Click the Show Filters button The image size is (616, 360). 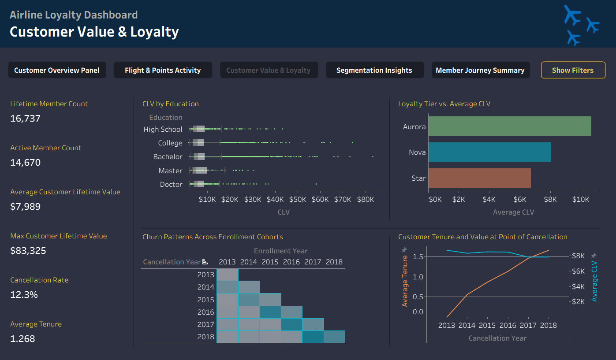(573, 70)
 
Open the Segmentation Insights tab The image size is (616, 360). (374, 70)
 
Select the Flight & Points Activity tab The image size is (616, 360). (163, 70)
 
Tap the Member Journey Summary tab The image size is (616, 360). (481, 70)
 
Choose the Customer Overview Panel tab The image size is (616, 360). (57, 70)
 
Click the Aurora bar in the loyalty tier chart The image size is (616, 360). (510, 126)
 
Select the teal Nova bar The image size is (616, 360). (489, 152)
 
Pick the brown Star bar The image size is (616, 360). (479, 178)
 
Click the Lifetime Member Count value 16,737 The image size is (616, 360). (25, 119)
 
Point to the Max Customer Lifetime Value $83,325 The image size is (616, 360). (28, 251)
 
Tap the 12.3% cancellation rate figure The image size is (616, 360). (24, 295)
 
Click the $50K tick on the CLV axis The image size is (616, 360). (298, 199)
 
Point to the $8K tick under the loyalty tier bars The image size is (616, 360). (550, 199)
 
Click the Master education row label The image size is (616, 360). (170, 171)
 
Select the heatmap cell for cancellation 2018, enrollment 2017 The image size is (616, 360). (313, 337)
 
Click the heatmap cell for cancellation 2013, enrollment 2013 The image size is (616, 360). (228, 275)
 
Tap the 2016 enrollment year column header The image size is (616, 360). (291, 262)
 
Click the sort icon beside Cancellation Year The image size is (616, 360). (205, 262)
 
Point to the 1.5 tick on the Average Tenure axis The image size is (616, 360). (418, 257)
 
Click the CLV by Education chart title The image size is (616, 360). (171, 104)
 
